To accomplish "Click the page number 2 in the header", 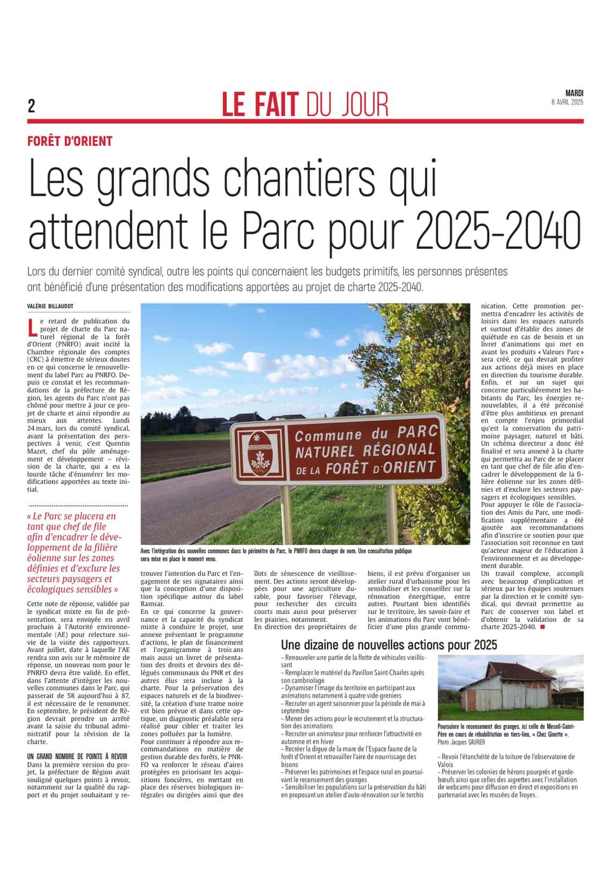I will (32, 106).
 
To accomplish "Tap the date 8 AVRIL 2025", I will (567, 102).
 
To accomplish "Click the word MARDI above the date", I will (574, 93).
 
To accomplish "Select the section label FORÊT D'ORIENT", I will (70, 142).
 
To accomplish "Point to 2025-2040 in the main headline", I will (498, 229).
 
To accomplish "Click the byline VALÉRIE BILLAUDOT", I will (50, 306).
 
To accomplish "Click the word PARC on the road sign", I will (418, 431).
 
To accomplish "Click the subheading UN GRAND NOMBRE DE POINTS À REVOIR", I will (77, 757).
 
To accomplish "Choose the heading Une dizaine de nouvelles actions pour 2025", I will (389, 644).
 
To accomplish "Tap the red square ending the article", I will (542, 627).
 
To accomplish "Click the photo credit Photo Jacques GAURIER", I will (461, 742).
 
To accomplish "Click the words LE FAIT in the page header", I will (260, 105).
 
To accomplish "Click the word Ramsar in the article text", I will (152, 604).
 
